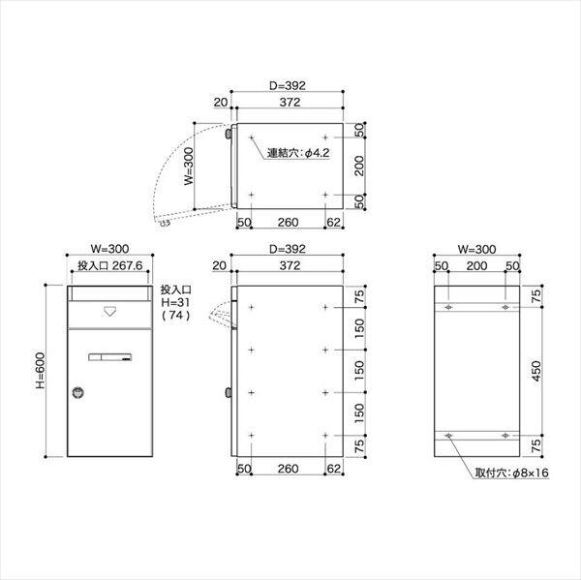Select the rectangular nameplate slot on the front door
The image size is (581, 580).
pos(108,358)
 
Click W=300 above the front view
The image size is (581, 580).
pos(107,249)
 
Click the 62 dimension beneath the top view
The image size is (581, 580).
pos(333,223)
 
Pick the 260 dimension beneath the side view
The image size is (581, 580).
pos(287,470)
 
